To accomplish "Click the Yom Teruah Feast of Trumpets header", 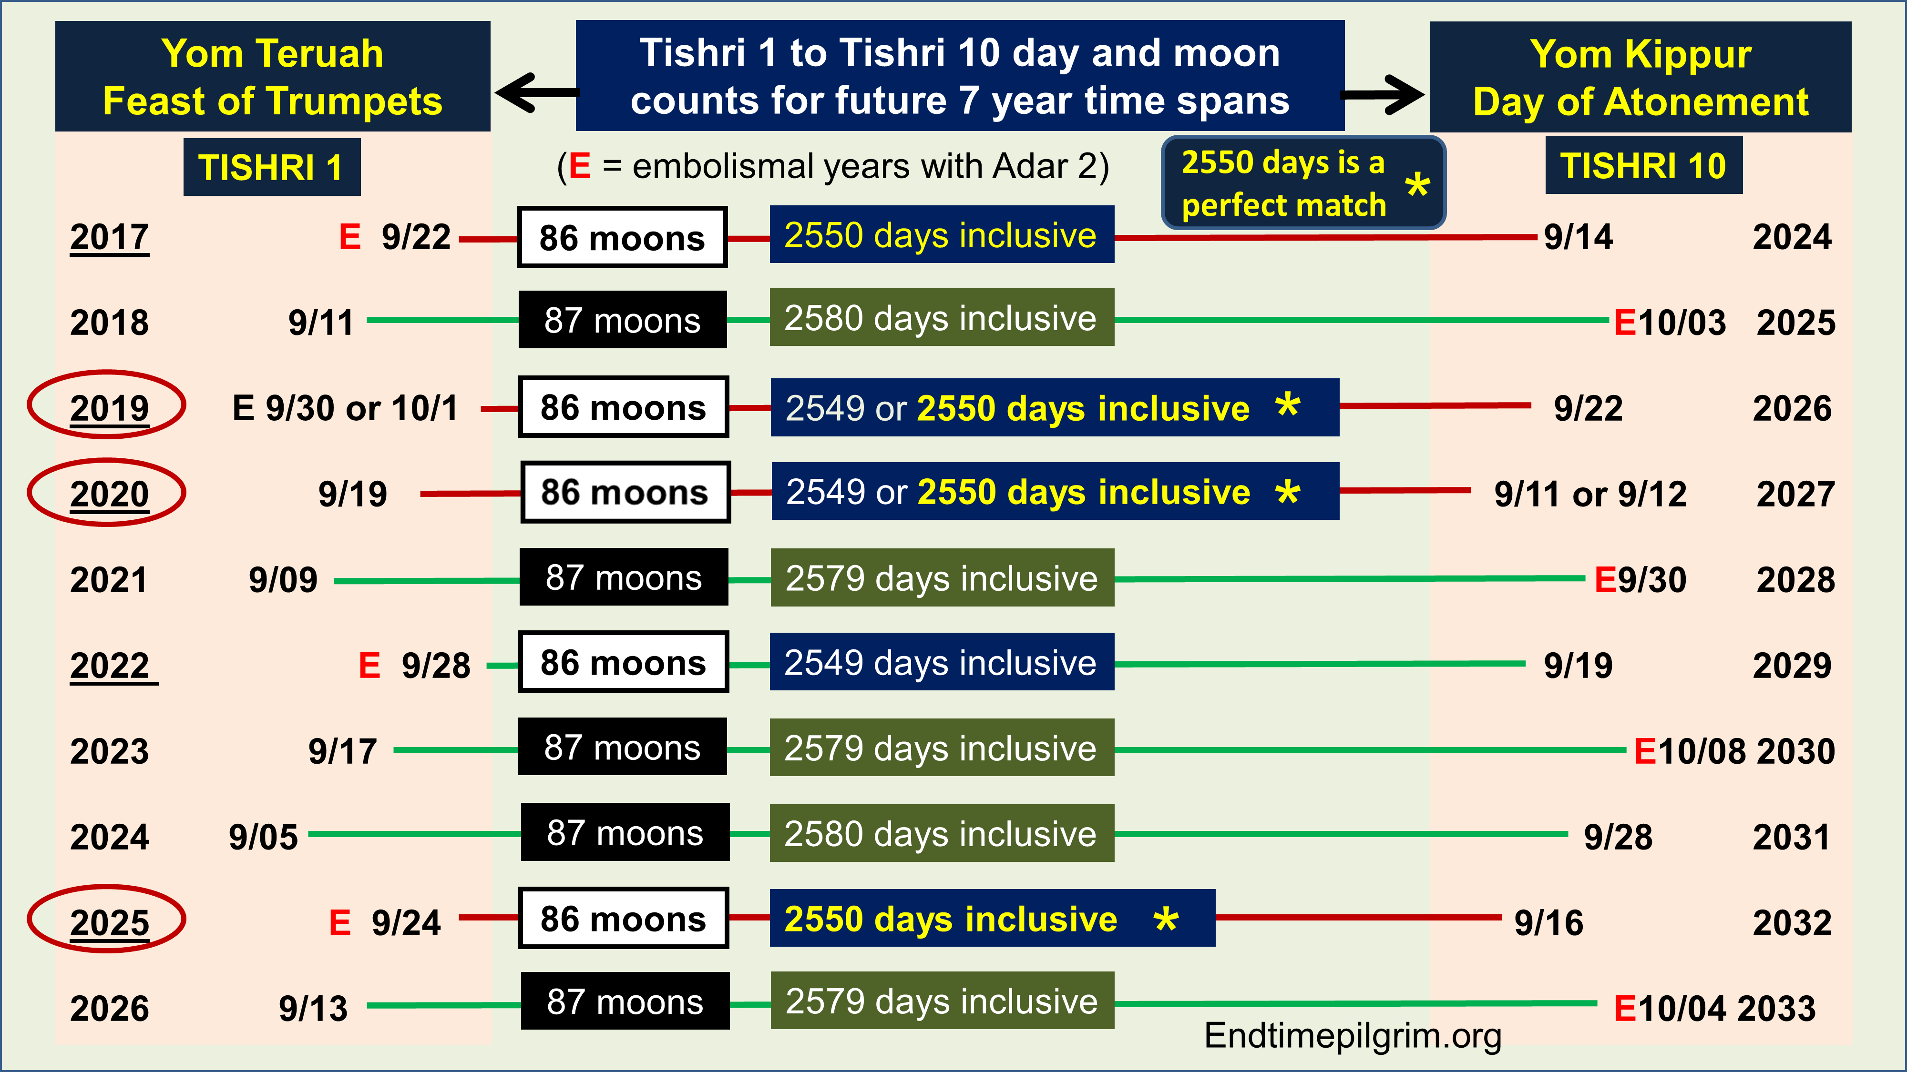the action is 272,76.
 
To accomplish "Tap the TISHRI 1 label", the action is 272,167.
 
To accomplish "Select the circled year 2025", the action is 107,919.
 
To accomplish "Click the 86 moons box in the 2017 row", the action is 622,237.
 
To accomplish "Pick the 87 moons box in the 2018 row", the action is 622,320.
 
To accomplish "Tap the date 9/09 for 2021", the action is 283,579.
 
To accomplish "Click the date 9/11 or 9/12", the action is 1590,494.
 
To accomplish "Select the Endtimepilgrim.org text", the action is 1353,1035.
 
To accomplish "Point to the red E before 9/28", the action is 369,665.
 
